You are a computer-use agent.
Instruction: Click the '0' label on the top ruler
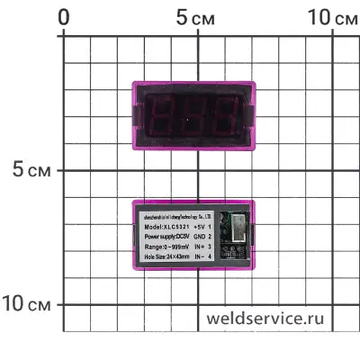[x=64, y=18]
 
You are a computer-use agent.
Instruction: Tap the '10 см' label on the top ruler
[x=330, y=18]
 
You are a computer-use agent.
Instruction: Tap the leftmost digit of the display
[x=166, y=113]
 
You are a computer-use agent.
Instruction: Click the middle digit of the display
[x=196, y=113]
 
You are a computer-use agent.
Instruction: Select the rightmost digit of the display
[x=226, y=113]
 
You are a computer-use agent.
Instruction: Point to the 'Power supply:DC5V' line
[x=165, y=237]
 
